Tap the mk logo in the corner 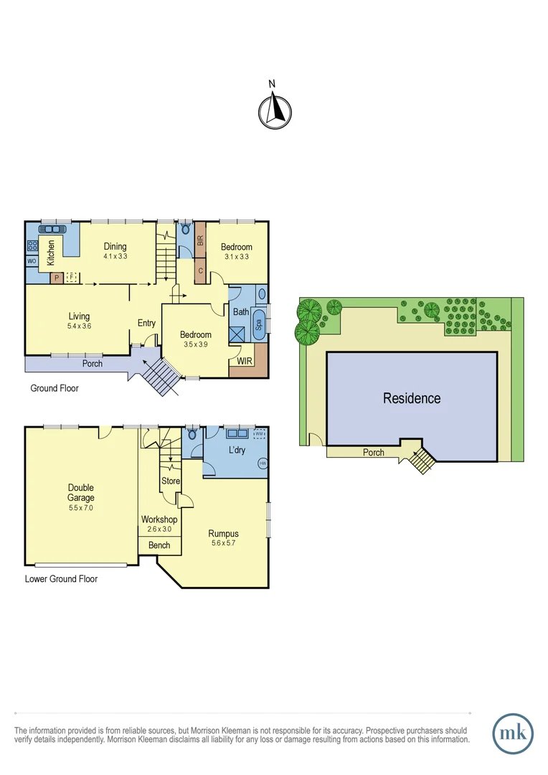coord(513,733)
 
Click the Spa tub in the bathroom coord(259,324)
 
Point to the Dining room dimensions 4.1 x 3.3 coord(115,256)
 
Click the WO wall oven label coord(32,261)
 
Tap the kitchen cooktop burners coord(32,245)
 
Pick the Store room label coord(171,481)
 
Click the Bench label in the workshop coord(159,545)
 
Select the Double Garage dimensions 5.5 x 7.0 coord(81,507)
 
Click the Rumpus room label coord(223,533)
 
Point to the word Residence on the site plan coord(412,398)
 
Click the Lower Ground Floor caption coord(61,578)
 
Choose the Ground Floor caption coord(55,388)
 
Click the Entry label coord(146,323)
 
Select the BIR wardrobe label coord(200,241)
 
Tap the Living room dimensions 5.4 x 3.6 coord(79,326)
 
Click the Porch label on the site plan coord(373,453)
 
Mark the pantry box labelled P coord(55,278)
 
